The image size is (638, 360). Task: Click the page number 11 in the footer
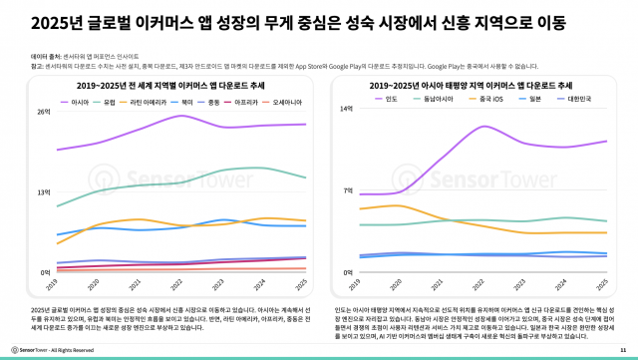click(x=623, y=350)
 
